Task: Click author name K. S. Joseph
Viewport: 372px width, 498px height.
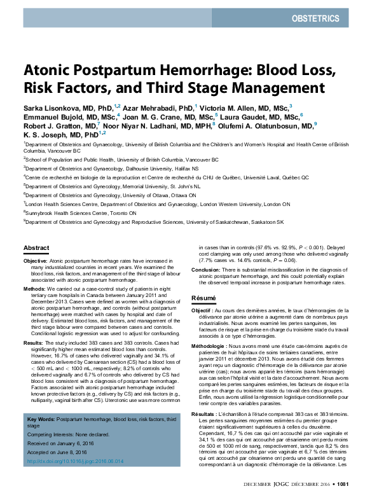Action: (45, 135)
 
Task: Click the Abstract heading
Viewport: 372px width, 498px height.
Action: (36, 247)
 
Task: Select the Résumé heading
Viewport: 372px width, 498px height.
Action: (205, 298)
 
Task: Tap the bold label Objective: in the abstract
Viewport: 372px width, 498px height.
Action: (36, 261)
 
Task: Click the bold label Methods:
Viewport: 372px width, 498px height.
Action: (34, 288)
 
